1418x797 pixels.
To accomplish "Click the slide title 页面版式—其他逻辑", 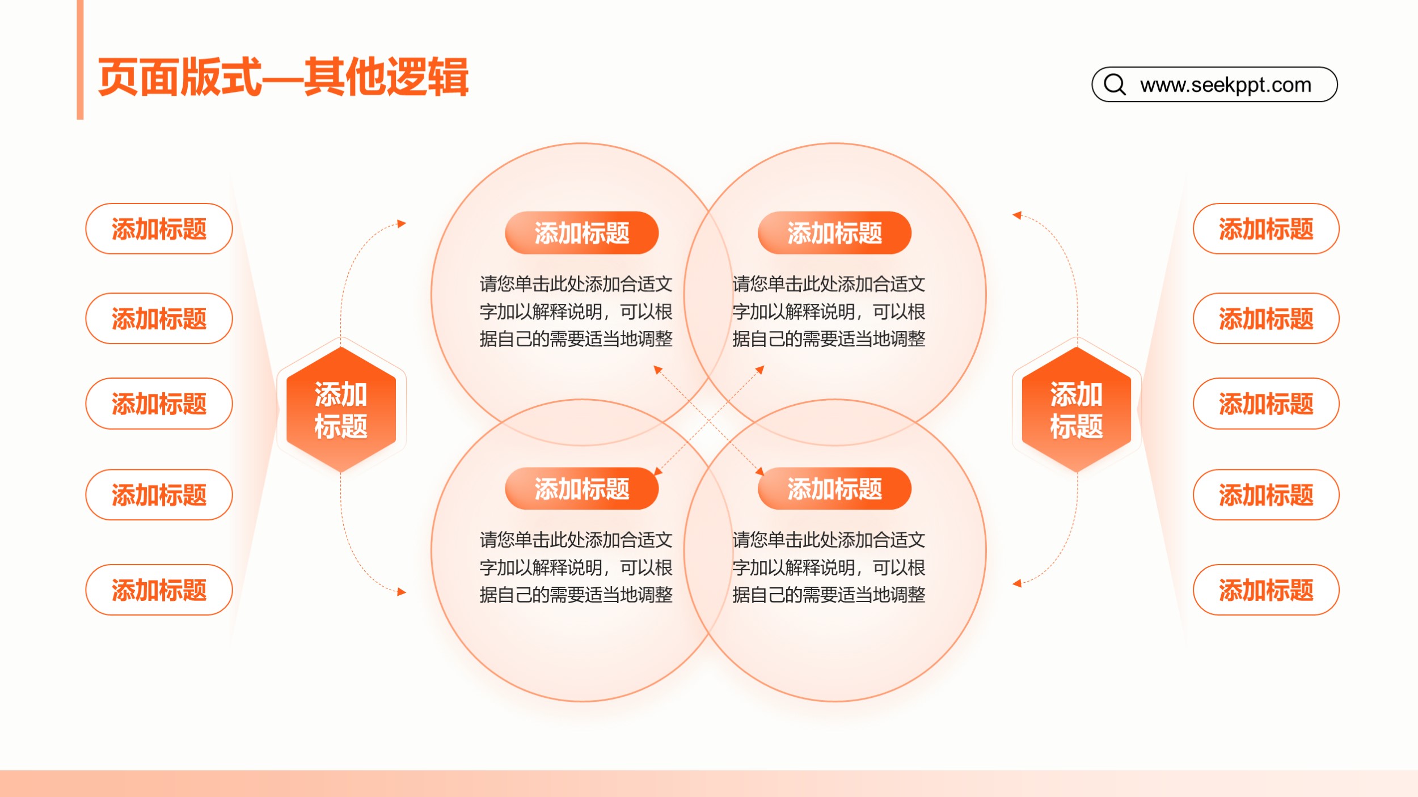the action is click(x=283, y=77).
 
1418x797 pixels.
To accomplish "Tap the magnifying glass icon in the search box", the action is click(x=1115, y=84).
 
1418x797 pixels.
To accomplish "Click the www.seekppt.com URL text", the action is click(x=1226, y=85).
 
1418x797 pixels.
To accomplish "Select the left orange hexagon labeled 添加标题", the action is click(x=341, y=410).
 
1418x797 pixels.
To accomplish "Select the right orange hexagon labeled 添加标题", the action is click(x=1077, y=410).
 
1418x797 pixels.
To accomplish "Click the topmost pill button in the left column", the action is click(x=159, y=228).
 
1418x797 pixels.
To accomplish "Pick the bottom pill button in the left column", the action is click(x=159, y=590).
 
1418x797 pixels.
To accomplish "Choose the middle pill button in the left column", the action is click(x=159, y=404).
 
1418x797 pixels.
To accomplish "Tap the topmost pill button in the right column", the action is click(x=1266, y=228).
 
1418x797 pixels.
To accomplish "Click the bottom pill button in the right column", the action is click(x=1266, y=590).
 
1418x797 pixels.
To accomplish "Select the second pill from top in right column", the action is click(x=1266, y=319).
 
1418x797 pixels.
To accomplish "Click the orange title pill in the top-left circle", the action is click(x=582, y=233).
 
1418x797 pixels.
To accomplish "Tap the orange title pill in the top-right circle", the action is click(x=834, y=233).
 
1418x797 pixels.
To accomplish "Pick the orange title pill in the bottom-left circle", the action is click(x=582, y=489).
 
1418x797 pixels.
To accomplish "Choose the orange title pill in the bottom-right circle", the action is click(x=834, y=489).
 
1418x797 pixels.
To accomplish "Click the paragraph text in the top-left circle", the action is click(x=576, y=311).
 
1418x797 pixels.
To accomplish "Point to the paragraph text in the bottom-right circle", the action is click(x=829, y=567).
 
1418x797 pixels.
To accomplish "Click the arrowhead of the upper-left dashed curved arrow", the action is click(x=402, y=223).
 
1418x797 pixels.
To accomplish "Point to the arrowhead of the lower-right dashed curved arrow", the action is click(x=1017, y=583).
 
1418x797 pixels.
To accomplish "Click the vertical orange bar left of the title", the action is click(x=80, y=60).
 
